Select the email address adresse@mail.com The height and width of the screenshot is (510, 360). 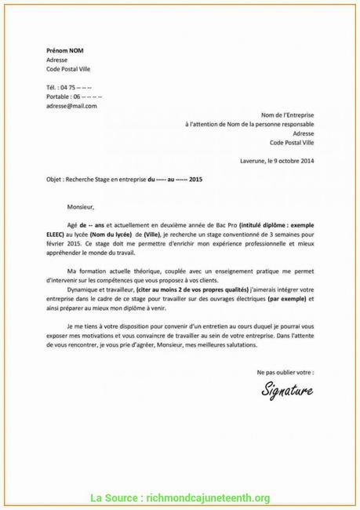pyautogui.click(x=71, y=105)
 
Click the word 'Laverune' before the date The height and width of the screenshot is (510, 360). pyautogui.click(x=253, y=161)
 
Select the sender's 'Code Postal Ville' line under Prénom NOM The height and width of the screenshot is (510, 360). pyautogui.click(x=73, y=68)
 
